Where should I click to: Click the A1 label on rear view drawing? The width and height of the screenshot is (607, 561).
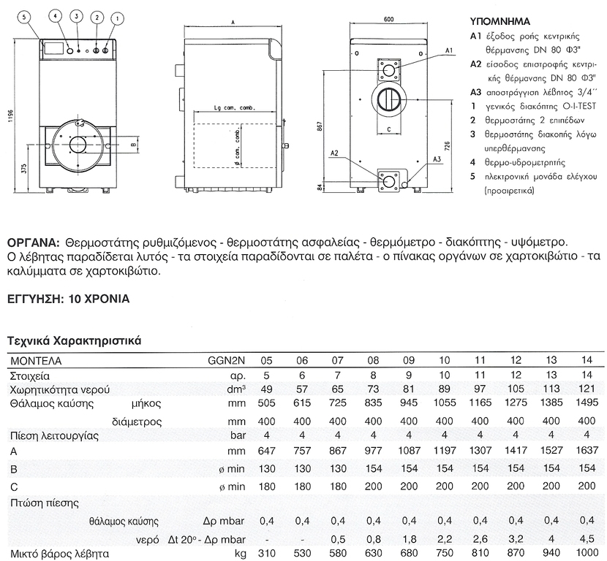tap(450, 50)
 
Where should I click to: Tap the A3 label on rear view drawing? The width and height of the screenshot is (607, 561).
tap(436, 159)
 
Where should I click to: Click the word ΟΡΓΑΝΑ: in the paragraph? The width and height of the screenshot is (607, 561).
tap(34, 242)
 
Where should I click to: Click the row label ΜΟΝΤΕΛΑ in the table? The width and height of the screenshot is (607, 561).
tap(36, 361)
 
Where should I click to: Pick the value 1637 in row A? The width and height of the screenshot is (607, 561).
tap(585, 451)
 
